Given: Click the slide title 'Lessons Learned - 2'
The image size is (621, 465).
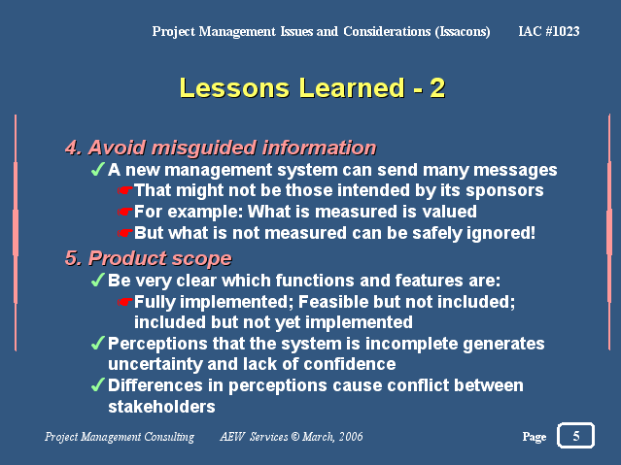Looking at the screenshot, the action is point(313,87).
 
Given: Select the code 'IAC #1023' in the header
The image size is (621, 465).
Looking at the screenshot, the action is point(549,31).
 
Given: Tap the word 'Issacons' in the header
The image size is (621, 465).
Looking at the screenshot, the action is point(463,32).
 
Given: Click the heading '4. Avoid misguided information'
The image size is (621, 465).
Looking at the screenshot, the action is point(221,148).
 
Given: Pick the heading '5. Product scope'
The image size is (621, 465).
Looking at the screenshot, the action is point(149,258).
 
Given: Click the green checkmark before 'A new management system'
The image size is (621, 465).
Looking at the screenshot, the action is point(98,169).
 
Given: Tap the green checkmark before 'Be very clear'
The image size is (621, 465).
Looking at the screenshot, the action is point(98,280).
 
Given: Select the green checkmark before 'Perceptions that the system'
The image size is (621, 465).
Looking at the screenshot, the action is point(98,343).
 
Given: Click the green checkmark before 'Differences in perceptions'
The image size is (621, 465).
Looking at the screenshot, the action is point(98,384).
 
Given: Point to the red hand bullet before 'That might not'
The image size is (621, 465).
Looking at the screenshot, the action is point(124,190).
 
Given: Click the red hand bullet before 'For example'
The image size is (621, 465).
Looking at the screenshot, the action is point(124,213).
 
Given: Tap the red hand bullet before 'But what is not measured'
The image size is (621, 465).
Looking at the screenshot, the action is point(124,233).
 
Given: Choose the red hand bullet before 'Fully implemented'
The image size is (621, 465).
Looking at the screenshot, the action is point(124,302).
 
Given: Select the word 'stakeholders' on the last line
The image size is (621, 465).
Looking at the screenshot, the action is point(161,407).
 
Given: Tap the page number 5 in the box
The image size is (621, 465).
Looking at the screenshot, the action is point(576,436).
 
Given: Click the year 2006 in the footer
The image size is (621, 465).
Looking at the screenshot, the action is point(351,437).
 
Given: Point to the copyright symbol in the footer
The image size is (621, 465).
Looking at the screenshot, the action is point(295,437).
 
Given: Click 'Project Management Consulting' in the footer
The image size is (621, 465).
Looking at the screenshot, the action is point(120,437).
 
